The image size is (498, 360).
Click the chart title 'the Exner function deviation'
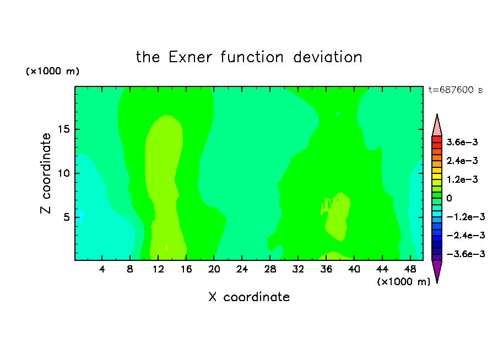(x=249, y=57)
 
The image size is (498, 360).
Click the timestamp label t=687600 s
(x=456, y=90)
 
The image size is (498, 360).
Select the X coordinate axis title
(x=249, y=297)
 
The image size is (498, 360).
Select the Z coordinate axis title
(x=46, y=173)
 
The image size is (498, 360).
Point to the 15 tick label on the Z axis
(x=64, y=129)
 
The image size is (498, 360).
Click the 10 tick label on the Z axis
(x=64, y=173)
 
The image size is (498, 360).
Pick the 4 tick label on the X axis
(x=101, y=269)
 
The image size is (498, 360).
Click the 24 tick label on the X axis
(x=242, y=269)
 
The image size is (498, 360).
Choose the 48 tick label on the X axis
(x=410, y=269)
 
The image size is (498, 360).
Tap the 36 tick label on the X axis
(x=326, y=269)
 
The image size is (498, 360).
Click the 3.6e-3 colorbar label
(x=462, y=142)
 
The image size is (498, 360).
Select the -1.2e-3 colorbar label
(x=465, y=217)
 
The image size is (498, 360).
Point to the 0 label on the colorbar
(x=449, y=198)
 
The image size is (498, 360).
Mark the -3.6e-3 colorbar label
(x=465, y=254)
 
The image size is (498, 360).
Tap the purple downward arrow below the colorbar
(x=437, y=270)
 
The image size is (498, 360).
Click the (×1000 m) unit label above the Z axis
(x=52, y=71)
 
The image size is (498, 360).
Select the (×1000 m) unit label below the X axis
(x=403, y=282)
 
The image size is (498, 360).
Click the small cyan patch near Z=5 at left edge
(x=80, y=216)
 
